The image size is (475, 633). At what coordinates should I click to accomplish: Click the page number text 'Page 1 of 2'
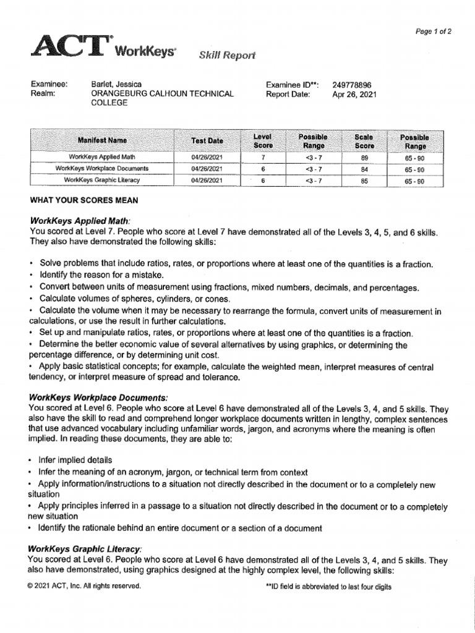tap(432, 32)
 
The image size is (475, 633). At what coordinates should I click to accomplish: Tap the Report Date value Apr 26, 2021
tap(354, 95)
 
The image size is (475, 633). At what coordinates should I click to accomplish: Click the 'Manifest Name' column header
tap(102, 141)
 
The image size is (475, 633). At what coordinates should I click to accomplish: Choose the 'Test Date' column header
tap(207, 141)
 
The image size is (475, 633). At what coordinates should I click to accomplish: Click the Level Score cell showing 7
tap(263, 158)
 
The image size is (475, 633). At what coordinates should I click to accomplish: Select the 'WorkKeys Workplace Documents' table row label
tap(102, 169)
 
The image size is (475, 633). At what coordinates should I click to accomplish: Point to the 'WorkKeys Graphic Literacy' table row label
tap(102, 181)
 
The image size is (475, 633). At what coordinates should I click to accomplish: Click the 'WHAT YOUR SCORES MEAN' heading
tap(84, 201)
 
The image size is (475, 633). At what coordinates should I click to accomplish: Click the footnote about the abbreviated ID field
tap(328, 587)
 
